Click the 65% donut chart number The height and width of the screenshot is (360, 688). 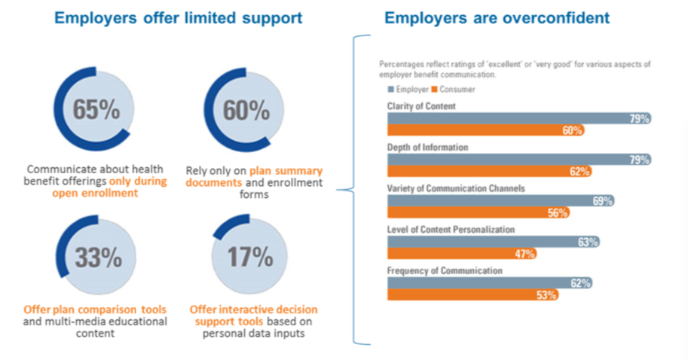(x=96, y=110)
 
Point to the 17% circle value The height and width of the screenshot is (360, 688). (x=249, y=258)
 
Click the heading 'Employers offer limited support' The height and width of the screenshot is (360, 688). (x=178, y=17)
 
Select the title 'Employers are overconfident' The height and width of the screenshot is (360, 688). (x=497, y=17)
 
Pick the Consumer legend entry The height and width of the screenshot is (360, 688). (x=454, y=90)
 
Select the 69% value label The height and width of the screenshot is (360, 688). (x=601, y=200)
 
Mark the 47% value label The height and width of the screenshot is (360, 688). (x=524, y=254)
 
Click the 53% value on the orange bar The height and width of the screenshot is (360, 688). (x=547, y=294)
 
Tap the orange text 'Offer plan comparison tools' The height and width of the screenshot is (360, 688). (x=95, y=310)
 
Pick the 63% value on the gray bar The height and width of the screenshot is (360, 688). (x=588, y=242)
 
